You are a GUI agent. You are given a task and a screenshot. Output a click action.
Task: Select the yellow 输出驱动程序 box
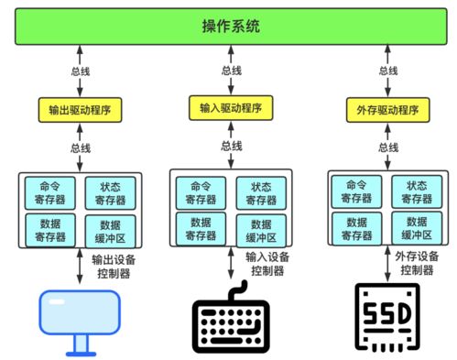(x=80, y=109)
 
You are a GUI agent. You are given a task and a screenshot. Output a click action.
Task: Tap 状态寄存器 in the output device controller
(x=109, y=192)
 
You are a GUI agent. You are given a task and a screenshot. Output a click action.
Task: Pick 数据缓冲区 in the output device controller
(x=109, y=229)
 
